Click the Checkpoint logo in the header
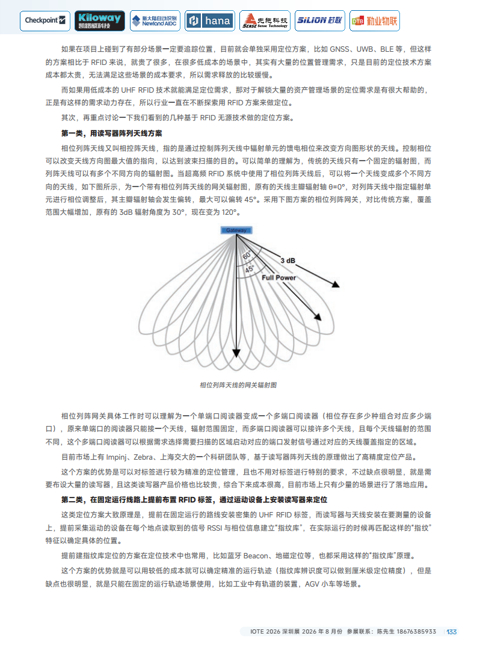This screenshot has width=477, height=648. [46, 20]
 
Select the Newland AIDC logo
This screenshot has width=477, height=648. [155, 20]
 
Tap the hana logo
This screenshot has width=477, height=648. [210, 20]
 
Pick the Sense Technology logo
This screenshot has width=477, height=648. [265, 20]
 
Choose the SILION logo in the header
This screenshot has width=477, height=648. [319, 20]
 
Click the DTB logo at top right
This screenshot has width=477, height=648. [374, 20]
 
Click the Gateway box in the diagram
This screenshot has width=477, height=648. [236, 230]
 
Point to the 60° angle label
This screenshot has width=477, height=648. [247, 255]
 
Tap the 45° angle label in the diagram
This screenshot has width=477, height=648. [249, 269]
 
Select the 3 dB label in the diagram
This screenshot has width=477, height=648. [288, 261]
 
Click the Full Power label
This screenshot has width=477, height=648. [279, 277]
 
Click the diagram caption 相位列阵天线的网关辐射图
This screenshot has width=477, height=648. [238, 385]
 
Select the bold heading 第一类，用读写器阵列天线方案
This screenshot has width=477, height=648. [111, 132]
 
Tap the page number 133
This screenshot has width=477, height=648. [451, 631]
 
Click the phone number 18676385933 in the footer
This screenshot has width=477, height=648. [414, 631]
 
